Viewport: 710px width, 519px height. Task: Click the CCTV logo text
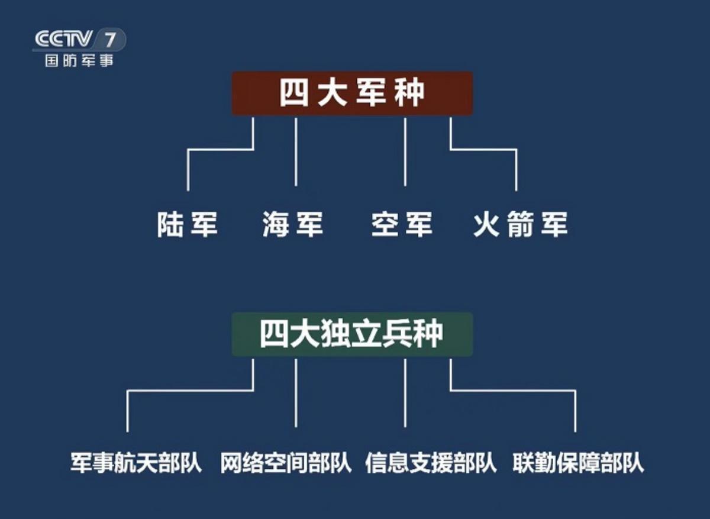pyautogui.click(x=63, y=39)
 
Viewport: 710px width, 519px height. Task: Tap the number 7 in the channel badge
pyautogui.click(x=110, y=40)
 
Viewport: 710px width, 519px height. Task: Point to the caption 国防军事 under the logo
pyautogui.click(x=79, y=60)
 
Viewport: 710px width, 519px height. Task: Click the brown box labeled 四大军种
pyautogui.click(x=352, y=94)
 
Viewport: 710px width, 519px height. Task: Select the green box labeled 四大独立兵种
pyautogui.click(x=352, y=334)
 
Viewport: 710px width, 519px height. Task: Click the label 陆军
pyautogui.click(x=188, y=224)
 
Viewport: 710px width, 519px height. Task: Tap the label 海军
pyautogui.click(x=292, y=224)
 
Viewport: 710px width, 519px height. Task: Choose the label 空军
pyautogui.click(x=402, y=224)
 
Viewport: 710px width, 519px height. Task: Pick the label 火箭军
pyautogui.click(x=521, y=224)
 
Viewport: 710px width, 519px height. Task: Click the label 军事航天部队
pyautogui.click(x=136, y=463)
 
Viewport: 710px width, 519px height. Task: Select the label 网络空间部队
pyautogui.click(x=286, y=463)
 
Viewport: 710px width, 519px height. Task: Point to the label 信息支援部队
pyautogui.click(x=431, y=463)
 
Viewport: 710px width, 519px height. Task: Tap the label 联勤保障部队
pyautogui.click(x=578, y=463)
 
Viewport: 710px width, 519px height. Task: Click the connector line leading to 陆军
pyautogui.click(x=221, y=149)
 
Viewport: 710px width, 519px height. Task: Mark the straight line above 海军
pyautogui.click(x=296, y=152)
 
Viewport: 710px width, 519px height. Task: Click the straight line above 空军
pyautogui.click(x=405, y=152)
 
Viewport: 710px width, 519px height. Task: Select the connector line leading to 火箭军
pyautogui.click(x=483, y=149)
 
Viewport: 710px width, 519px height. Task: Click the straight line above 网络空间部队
pyautogui.click(x=296, y=393)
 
